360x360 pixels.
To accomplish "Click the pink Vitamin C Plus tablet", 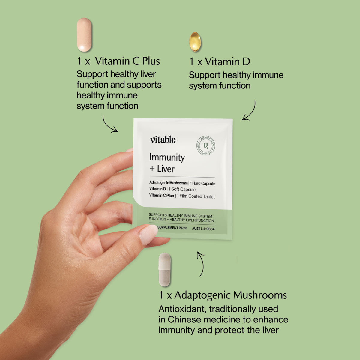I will pos(84,35).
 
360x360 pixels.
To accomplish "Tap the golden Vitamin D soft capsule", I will pos(195,41).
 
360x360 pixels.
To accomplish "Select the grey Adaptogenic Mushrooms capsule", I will pos(164,269).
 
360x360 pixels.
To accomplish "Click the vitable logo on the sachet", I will pos(163,139).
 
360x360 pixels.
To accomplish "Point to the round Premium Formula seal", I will pos(206,146).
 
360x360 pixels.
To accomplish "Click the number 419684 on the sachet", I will pos(209,229).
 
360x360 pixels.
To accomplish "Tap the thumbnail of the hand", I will pos(148,235).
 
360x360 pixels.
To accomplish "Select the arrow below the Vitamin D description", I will pos(250,111).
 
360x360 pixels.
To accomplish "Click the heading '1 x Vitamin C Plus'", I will pos(118,61).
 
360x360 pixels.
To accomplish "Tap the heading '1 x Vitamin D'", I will pos(220,62).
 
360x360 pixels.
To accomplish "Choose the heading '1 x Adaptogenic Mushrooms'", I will pos(223,295).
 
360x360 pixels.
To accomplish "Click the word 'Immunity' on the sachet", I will pos(167,157).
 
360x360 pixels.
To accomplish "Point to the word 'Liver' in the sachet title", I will pos(166,169).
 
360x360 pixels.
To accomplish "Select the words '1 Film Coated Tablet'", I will pos(196,196).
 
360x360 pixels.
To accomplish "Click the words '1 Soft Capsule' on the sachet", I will pos(182,190).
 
